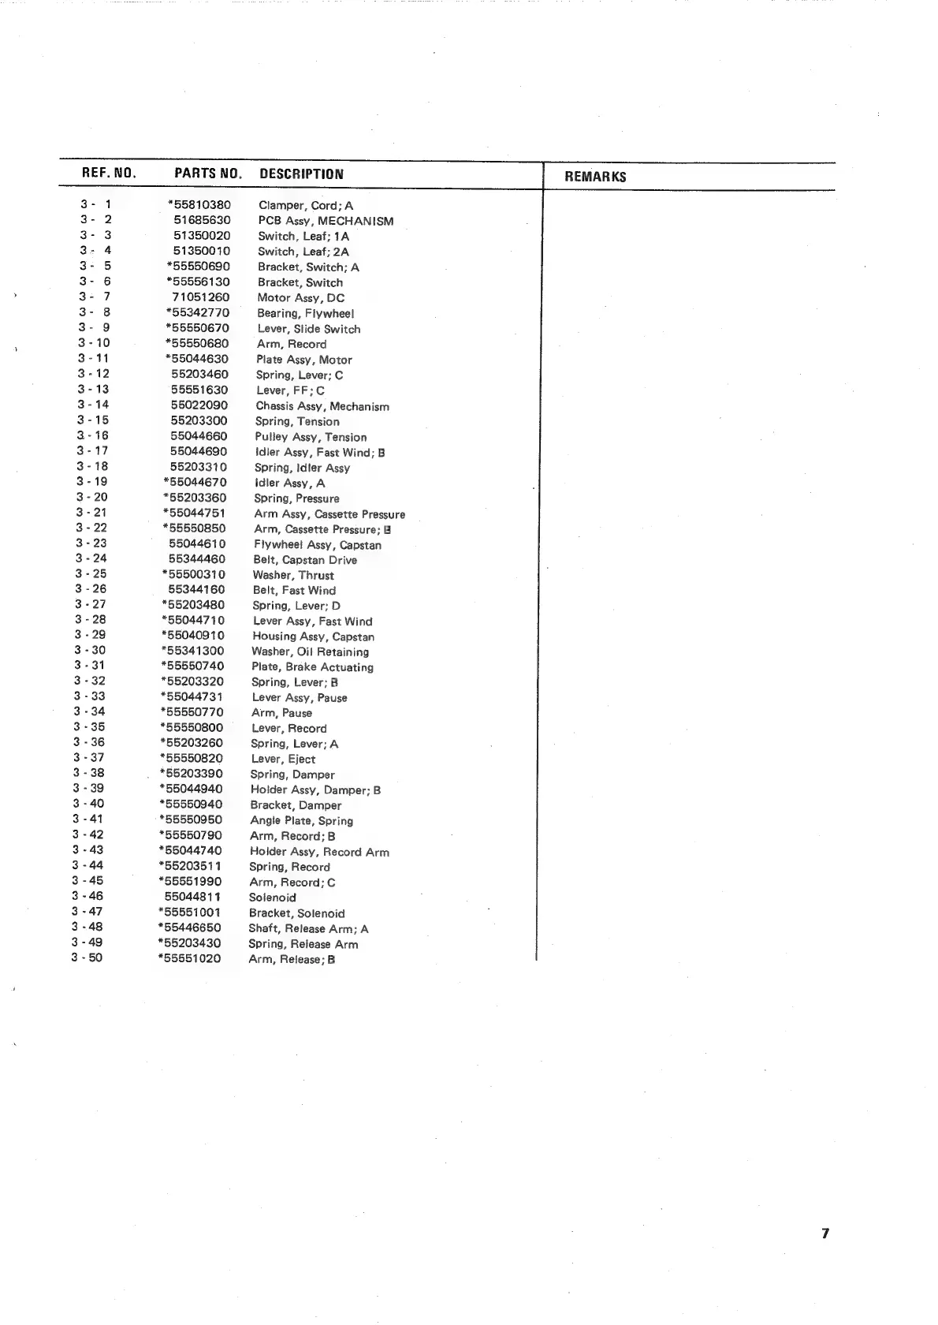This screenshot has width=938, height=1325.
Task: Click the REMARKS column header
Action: (595, 177)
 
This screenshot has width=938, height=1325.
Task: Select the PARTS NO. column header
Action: (207, 174)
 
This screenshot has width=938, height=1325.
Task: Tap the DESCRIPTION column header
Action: (301, 174)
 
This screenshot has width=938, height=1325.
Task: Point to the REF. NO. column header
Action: (109, 173)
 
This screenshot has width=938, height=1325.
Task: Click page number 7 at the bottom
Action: (825, 1234)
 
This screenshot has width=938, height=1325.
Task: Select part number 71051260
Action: (201, 297)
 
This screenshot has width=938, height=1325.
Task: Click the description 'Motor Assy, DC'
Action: (300, 298)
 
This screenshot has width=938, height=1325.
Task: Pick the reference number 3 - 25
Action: (91, 573)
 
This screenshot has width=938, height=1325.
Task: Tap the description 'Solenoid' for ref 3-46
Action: (273, 898)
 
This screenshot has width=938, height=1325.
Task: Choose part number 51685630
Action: (203, 221)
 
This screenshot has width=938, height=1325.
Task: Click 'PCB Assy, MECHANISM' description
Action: (326, 221)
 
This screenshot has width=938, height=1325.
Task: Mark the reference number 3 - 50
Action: (87, 957)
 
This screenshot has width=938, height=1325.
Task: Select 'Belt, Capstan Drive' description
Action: (305, 560)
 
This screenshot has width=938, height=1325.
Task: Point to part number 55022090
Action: (199, 405)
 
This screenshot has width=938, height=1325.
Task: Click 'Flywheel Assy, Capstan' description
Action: (317, 545)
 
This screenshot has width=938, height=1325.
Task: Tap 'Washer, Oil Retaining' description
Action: (310, 651)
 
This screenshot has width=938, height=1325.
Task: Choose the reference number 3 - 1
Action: (95, 204)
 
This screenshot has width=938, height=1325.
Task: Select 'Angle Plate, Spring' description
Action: (301, 821)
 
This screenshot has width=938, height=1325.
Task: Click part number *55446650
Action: (190, 927)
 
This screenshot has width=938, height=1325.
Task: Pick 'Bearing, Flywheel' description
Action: (305, 313)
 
